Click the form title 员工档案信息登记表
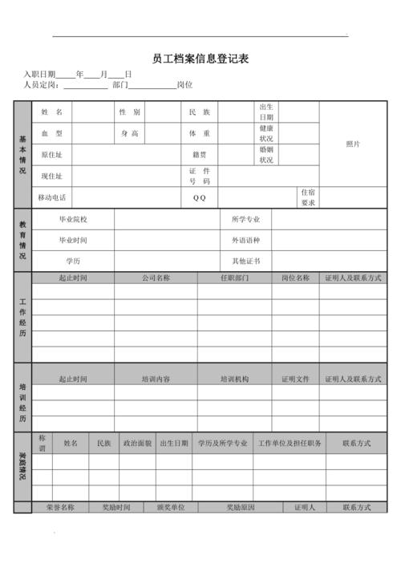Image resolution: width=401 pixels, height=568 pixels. coord(200,59)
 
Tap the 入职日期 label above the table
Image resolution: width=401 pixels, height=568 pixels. coord(40,74)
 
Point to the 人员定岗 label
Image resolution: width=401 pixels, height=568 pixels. coord(40,84)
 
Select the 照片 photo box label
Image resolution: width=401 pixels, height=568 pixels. coord(353,144)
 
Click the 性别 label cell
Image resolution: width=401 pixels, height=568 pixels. coord(130,112)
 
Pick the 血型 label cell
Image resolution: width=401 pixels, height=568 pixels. coord(52,133)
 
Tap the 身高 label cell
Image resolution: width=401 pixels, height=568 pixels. coord(130,133)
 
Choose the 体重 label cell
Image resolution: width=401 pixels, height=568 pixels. coord(200,133)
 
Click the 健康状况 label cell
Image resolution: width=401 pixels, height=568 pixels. coord(266,133)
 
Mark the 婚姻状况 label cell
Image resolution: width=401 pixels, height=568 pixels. coord(266,155)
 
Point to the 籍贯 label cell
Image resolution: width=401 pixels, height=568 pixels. coord(200,155)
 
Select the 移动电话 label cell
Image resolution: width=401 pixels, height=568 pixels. coord(52,197)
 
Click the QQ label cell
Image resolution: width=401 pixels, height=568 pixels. coord(200,197)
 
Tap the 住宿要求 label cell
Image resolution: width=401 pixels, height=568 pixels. coord(308,197)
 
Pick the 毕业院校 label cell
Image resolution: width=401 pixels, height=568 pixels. coord(73,219)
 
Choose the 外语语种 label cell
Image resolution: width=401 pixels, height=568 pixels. coord(245,240)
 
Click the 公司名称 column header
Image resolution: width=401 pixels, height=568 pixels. coord(156,278)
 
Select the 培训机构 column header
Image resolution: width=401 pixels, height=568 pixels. coord(234,379)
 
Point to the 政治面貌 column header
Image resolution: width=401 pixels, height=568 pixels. coord(137,443)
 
